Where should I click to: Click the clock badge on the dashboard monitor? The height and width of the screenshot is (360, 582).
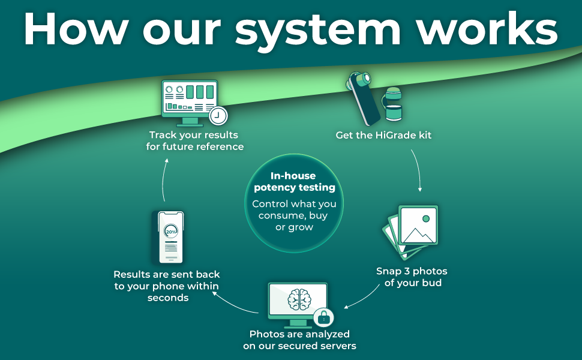pyautogui.click(x=218, y=114)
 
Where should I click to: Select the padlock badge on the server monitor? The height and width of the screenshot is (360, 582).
pyautogui.click(x=323, y=316)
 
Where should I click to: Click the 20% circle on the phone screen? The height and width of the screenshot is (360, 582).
pyautogui.click(x=171, y=231)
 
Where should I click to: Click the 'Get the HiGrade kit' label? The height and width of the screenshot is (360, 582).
pyautogui.click(x=383, y=135)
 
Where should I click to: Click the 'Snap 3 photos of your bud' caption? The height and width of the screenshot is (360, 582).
pyautogui.click(x=412, y=277)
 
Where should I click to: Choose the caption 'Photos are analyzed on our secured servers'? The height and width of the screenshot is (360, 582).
pyautogui.click(x=299, y=340)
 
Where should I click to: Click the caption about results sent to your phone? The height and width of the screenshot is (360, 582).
pyautogui.click(x=167, y=286)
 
